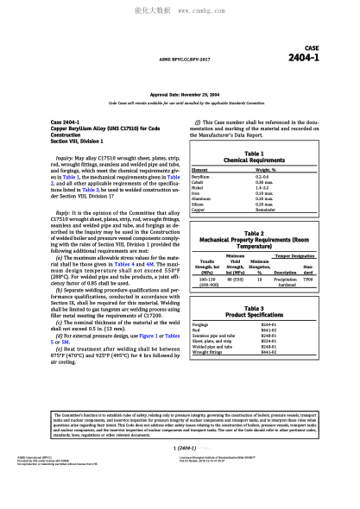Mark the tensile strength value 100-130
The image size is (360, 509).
(x=207, y=281)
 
